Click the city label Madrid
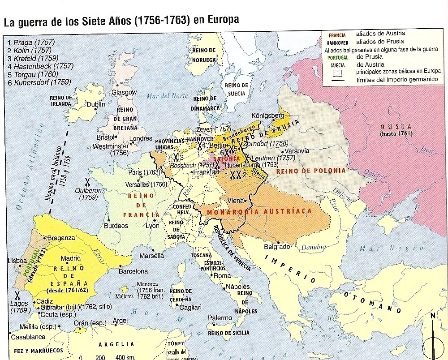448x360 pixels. pos(70,258)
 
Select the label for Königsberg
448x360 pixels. pos(268,115)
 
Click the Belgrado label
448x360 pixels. pos(276,247)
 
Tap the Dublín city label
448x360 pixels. pos(95,103)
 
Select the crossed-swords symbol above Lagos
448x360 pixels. pos(17,295)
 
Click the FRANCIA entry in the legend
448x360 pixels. pos(337,35)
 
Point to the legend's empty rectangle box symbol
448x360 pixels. pos(338,72)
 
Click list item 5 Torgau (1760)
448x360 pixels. pos(30,74)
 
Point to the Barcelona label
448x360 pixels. pos(133,271)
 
